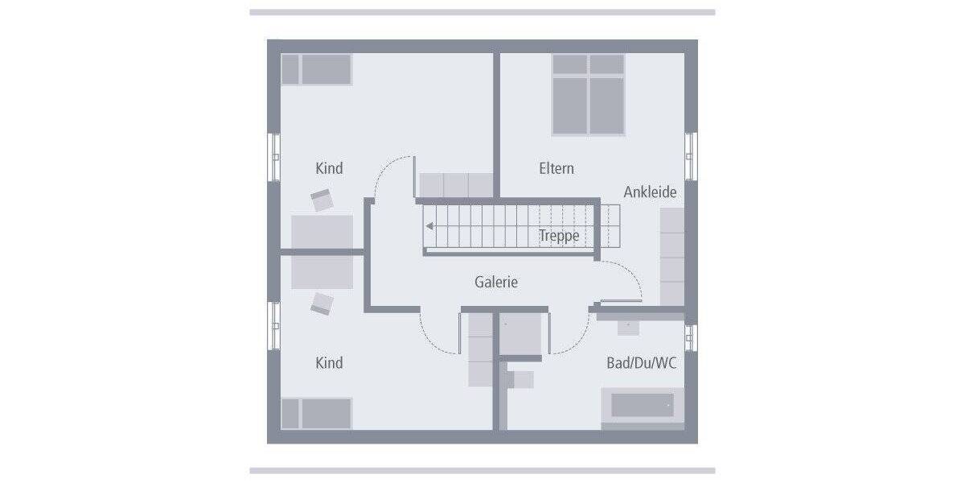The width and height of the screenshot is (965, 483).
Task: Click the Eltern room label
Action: click(x=556, y=168)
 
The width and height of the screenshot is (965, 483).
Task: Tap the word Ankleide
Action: click(x=650, y=192)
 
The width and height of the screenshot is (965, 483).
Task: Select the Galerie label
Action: click(x=496, y=282)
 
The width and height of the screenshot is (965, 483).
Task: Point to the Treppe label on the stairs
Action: click(x=559, y=235)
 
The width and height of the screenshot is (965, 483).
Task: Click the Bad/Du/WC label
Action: click(x=641, y=363)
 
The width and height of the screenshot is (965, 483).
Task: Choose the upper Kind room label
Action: click(x=329, y=168)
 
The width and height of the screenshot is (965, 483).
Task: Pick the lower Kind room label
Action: click(x=329, y=363)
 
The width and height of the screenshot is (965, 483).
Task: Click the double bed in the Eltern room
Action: click(x=589, y=94)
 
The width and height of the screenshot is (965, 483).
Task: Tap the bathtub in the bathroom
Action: click(x=643, y=405)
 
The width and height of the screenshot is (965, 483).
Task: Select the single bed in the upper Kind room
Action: click(x=317, y=69)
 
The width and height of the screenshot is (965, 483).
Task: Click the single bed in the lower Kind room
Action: click(x=317, y=413)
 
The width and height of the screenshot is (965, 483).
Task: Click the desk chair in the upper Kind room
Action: click(x=322, y=200)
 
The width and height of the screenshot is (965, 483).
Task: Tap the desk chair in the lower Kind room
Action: click(x=322, y=303)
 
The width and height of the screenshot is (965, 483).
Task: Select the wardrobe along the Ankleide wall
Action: click(x=671, y=256)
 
